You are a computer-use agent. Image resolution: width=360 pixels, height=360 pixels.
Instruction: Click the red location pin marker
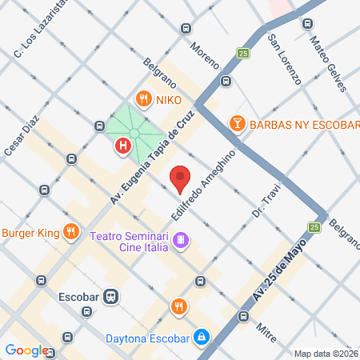point(180,178)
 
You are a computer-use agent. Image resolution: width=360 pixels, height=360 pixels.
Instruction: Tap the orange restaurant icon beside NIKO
point(144,99)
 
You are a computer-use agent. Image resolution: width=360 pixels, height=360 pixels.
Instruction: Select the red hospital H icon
point(123,146)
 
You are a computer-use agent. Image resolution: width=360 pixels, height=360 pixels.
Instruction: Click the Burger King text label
point(31,233)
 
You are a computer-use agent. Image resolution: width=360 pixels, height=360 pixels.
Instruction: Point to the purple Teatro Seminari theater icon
point(182,240)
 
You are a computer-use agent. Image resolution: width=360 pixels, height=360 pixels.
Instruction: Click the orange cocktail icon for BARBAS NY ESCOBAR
point(238,124)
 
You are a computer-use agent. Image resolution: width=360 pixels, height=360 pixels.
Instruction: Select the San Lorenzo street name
point(284,60)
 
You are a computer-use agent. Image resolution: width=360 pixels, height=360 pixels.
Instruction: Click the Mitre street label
point(267,330)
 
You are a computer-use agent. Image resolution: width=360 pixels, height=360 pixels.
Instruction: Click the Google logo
point(26,350)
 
